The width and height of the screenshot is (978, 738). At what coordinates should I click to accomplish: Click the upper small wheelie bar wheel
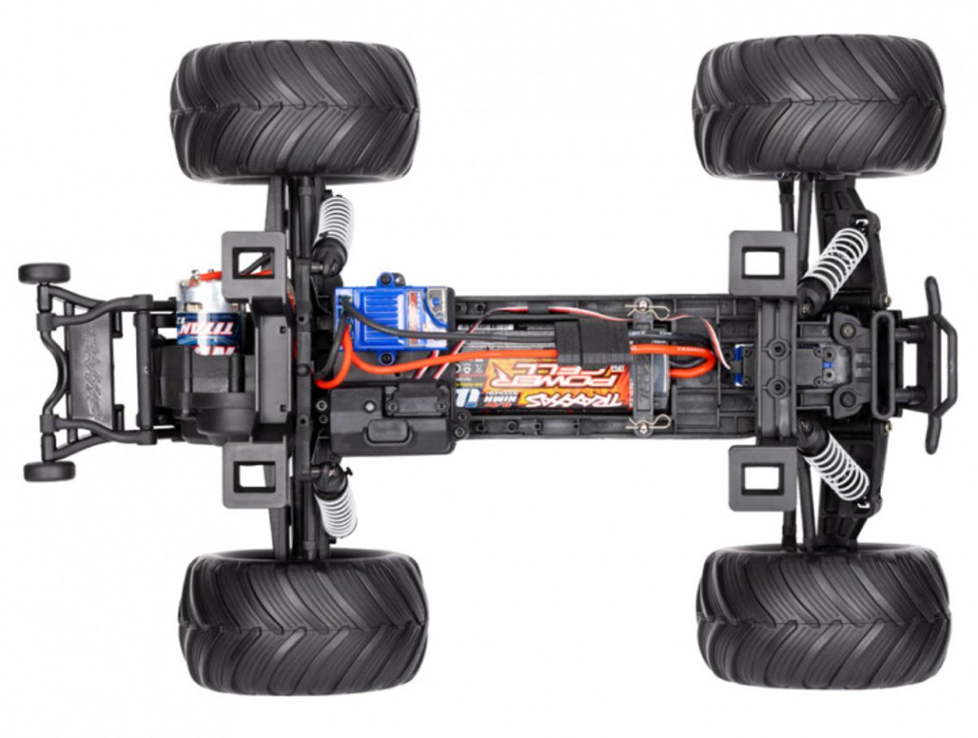(x=44, y=273)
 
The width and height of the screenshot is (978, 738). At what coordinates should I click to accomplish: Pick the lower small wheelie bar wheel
(x=49, y=471)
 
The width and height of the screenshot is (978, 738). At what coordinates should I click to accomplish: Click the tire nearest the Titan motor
(x=294, y=112)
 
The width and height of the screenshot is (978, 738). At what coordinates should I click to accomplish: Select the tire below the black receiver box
(x=302, y=622)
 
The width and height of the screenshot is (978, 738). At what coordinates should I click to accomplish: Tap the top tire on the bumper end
(x=818, y=106)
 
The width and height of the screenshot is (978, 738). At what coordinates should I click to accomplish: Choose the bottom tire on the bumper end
(x=822, y=617)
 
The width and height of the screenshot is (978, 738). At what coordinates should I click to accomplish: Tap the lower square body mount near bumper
(x=762, y=478)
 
